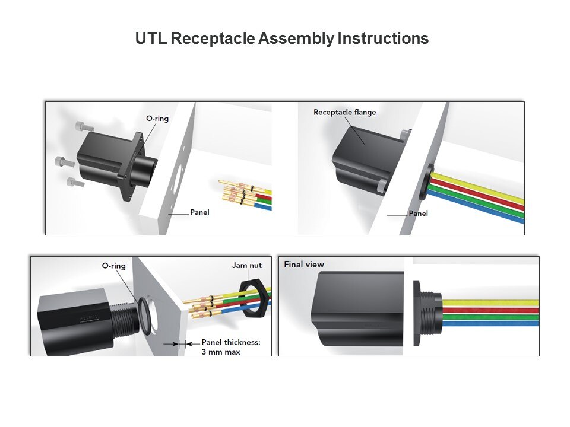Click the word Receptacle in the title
coord(213,39)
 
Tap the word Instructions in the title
coord(383,39)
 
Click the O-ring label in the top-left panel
coord(157,119)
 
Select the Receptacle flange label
coord(344,113)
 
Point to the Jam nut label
coord(247,266)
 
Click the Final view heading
coord(304,265)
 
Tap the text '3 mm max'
coord(221,352)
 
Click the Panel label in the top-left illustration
coord(199,212)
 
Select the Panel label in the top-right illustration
coord(419,213)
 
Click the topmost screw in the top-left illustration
coord(84,126)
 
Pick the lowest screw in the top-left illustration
coord(75,181)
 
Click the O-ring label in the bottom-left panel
coord(114,266)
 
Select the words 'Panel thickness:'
coord(231,342)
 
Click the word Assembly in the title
coord(296,39)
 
